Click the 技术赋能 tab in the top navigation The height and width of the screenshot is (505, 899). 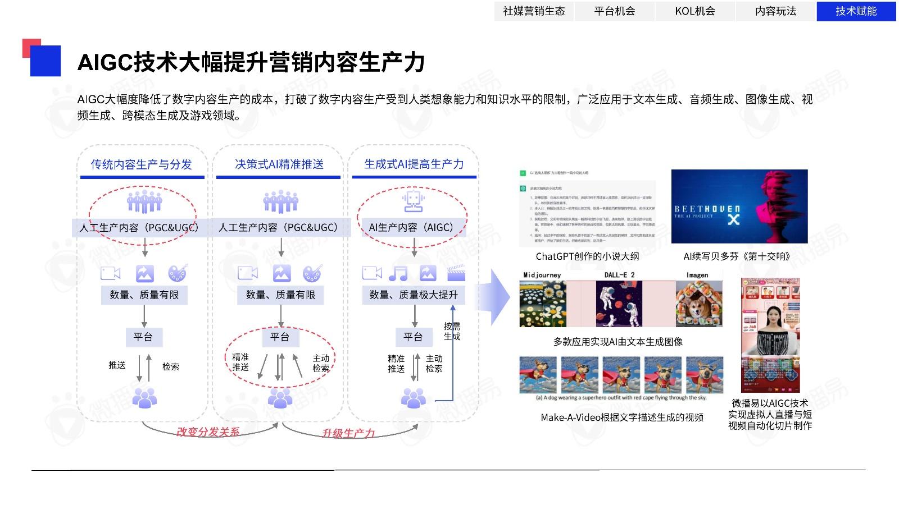click(x=856, y=11)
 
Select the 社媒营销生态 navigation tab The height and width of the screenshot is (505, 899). click(x=534, y=11)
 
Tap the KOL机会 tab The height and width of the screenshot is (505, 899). click(x=695, y=11)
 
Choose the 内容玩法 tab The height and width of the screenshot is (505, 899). click(x=775, y=11)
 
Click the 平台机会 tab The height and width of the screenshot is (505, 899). click(x=615, y=11)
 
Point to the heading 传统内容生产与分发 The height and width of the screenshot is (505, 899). click(x=142, y=164)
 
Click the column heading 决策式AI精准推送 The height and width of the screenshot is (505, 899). click(x=279, y=164)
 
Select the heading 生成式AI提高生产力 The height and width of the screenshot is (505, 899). click(x=414, y=164)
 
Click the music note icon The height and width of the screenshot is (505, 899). click(x=398, y=273)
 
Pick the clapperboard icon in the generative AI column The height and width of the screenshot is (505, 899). click(x=456, y=273)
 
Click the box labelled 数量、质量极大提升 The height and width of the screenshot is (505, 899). click(x=414, y=295)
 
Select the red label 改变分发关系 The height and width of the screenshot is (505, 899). click(x=208, y=432)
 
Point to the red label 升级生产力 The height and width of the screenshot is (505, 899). click(x=348, y=434)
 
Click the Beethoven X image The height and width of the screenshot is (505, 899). click(x=739, y=206)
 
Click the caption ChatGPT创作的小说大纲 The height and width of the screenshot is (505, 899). click(x=587, y=256)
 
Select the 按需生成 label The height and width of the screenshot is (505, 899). click(x=452, y=331)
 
